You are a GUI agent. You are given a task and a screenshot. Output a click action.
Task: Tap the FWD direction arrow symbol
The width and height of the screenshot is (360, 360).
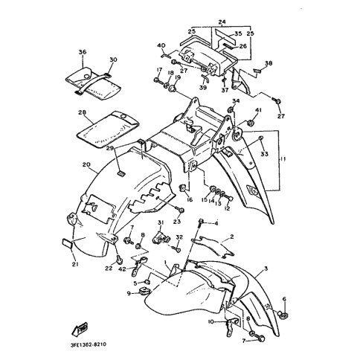coord(77,328)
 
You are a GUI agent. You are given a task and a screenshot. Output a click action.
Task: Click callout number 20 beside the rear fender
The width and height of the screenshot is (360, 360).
coord(86,164)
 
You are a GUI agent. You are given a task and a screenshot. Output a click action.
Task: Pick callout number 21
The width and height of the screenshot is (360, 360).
coord(74,263)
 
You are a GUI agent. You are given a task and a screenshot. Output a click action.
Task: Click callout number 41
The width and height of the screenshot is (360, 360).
coord(260,111)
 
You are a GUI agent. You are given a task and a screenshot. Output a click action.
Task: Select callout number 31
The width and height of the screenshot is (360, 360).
coord(160,224)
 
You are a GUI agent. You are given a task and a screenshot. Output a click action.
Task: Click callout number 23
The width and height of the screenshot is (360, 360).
coord(179,222)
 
